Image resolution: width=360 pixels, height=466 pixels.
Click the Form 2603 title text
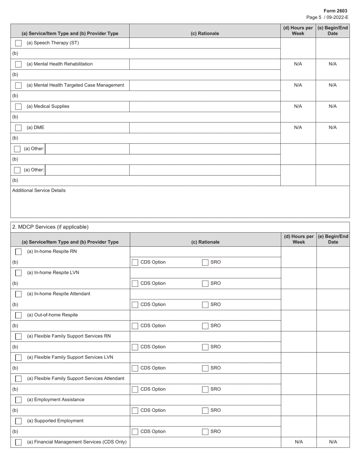(x=335, y=11)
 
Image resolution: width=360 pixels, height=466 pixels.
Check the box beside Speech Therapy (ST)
(x=18, y=43)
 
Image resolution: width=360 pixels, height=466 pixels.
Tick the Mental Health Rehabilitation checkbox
(x=18, y=64)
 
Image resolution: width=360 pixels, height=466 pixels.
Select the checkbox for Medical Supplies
(x=18, y=107)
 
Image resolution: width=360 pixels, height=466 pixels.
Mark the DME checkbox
(x=18, y=128)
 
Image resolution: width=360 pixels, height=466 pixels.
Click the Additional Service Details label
(x=39, y=190)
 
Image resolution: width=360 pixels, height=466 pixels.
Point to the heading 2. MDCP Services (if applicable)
(x=50, y=227)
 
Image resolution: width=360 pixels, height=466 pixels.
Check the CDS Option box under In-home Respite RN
(x=135, y=262)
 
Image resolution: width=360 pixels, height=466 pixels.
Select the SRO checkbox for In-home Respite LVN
(x=205, y=283)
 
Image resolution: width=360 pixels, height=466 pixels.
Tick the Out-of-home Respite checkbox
(x=18, y=315)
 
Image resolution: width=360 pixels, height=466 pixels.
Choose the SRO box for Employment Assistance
(x=205, y=410)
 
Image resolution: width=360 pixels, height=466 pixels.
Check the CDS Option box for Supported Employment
(x=135, y=432)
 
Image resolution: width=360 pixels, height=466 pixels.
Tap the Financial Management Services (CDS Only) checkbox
(x=18, y=442)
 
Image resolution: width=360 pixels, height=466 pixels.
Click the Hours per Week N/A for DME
(x=298, y=128)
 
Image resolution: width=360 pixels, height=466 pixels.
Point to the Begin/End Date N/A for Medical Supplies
(x=332, y=106)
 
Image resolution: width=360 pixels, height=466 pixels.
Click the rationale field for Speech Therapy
(x=205, y=43)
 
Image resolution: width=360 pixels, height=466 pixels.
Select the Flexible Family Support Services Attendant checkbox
(x=18, y=379)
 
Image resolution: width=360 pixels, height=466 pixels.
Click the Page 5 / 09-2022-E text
(x=327, y=17)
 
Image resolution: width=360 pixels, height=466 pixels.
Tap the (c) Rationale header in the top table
(x=205, y=33)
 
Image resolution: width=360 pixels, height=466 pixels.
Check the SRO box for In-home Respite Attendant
(x=205, y=305)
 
